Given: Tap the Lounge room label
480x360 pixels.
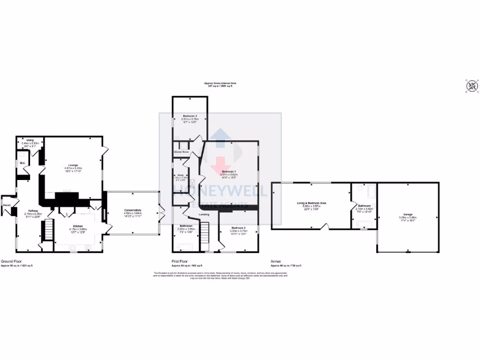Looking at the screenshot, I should click(x=73, y=165).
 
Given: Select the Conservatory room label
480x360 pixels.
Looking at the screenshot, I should click(x=133, y=210).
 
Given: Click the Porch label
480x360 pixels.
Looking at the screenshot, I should click(x=7, y=205).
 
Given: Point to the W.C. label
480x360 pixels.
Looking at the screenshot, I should click(x=22, y=163).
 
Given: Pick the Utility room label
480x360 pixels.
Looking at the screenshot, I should click(x=30, y=140).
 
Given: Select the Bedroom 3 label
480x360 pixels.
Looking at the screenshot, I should click(x=189, y=115).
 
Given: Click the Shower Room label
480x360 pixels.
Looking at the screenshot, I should click(x=181, y=152).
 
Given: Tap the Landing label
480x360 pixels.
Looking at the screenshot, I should click(x=204, y=215).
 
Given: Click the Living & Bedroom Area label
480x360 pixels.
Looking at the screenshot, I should click(x=311, y=203).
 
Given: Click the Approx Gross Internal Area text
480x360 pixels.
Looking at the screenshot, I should click(x=220, y=83).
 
